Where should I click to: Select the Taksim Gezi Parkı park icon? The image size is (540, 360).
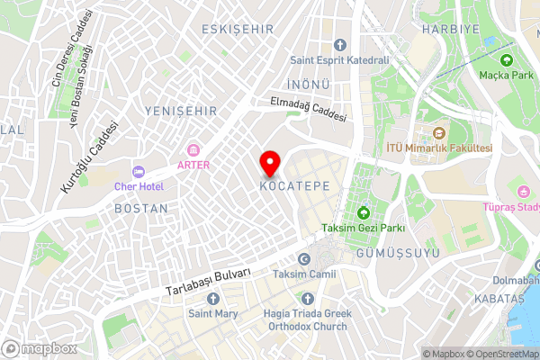click(x=364, y=213)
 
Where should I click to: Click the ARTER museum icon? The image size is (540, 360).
click(x=193, y=148)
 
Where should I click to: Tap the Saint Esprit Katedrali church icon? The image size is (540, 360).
click(x=339, y=44)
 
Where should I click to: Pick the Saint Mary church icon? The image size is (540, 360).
click(x=212, y=298)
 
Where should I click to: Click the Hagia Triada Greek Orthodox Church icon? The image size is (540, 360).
click(x=309, y=298)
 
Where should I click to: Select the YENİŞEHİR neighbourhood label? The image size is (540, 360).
click(x=180, y=111)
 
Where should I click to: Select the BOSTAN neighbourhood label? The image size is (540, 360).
click(x=141, y=208)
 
